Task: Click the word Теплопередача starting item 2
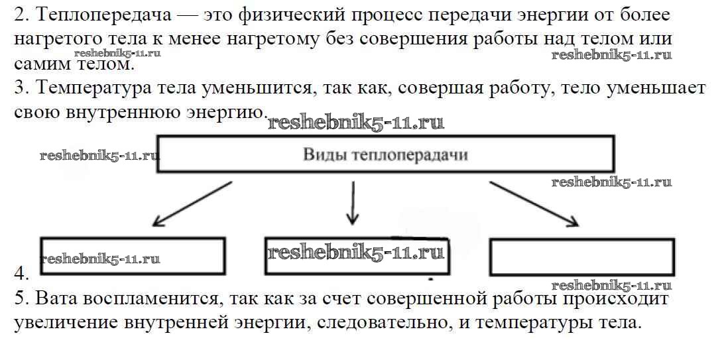96,15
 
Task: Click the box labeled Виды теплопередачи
385,155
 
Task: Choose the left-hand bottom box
133,256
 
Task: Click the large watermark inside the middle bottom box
355,253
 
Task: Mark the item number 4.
21,273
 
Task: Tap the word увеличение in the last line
66,324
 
